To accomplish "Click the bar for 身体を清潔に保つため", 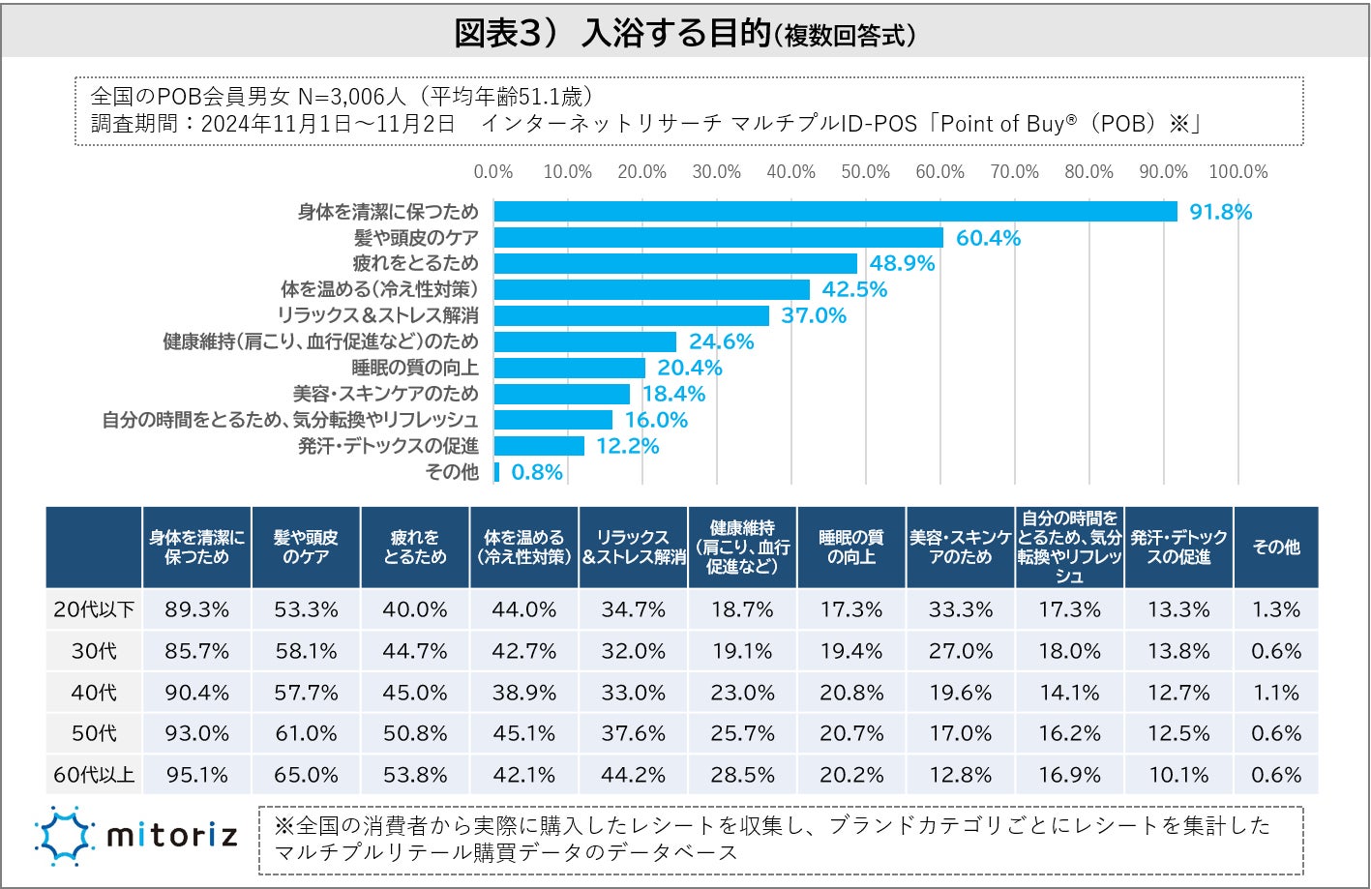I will (x=835, y=212).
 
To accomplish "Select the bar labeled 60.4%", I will (x=718, y=238).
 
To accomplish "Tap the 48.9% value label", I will (x=902, y=264).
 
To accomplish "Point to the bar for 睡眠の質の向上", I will (x=569, y=368).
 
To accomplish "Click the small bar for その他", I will (x=497, y=472).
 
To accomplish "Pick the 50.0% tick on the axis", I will (x=865, y=172).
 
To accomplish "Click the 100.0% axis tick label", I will (x=1237, y=172).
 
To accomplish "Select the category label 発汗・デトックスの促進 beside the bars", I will (x=388, y=446).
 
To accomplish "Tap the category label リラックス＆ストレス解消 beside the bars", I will (x=377, y=315).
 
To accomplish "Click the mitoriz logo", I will (x=136, y=835).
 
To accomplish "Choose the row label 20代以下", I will (x=94, y=609).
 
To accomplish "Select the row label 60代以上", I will (x=94, y=775).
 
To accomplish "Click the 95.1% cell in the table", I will (x=196, y=775).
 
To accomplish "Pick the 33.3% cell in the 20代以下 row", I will (x=961, y=609).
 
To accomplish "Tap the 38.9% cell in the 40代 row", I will (x=523, y=693).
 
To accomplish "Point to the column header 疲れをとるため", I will (x=415, y=547).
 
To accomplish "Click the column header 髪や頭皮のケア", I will (x=306, y=547).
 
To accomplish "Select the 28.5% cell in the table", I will (x=742, y=775).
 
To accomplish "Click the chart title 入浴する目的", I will (x=675, y=33).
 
